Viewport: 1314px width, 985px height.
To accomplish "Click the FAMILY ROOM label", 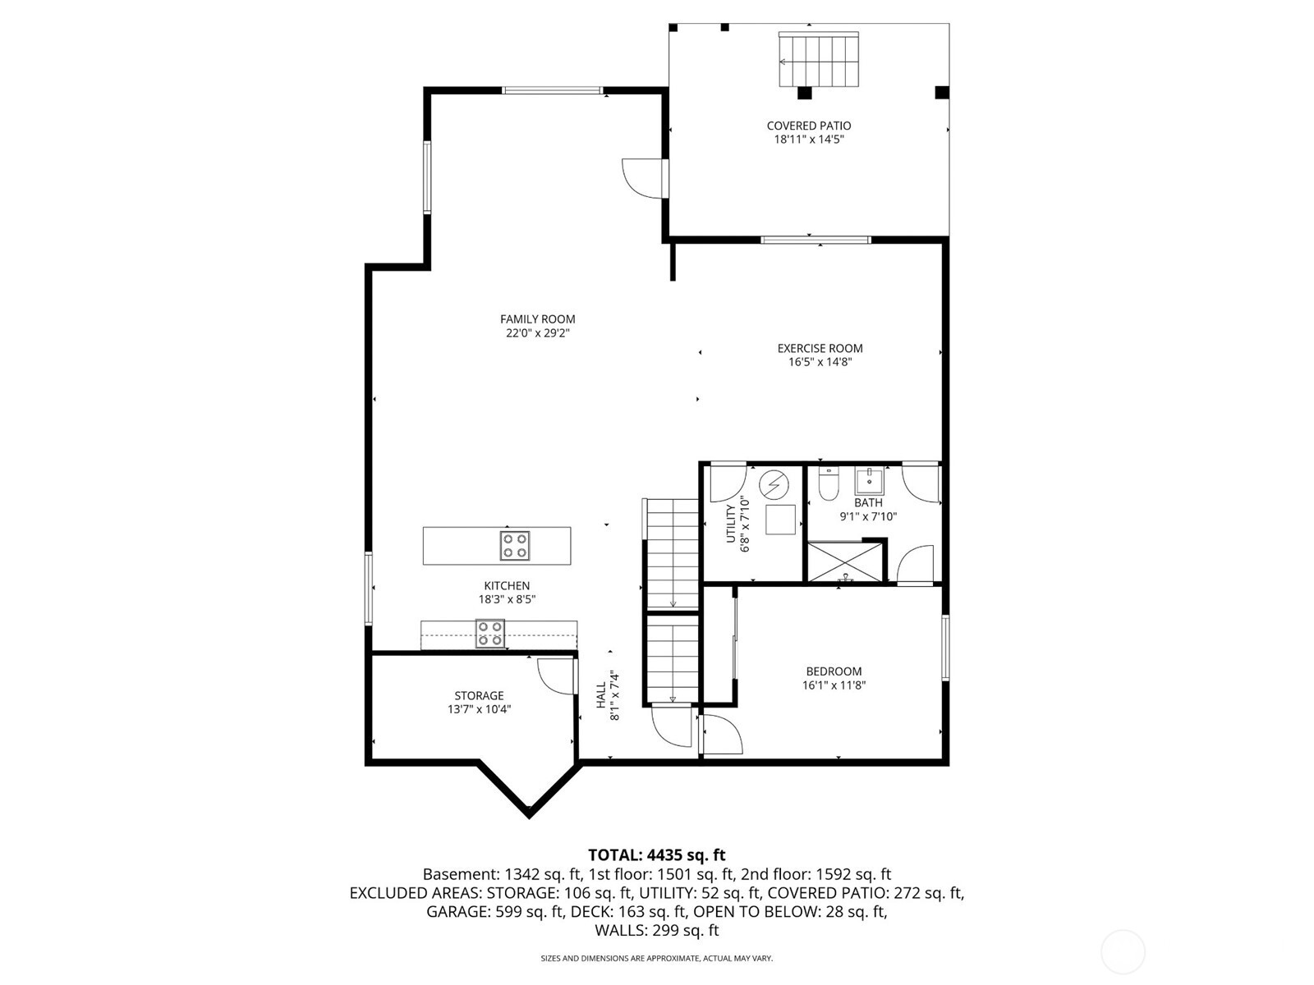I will tap(537, 319).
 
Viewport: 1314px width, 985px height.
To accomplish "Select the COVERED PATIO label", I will tap(808, 126).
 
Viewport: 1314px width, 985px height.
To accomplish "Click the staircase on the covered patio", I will tap(818, 60).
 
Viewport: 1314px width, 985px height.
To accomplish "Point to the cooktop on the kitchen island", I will tap(515, 546).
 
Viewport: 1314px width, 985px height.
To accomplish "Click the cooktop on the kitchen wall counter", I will tap(490, 634).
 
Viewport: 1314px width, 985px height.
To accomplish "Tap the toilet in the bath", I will tap(827, 486).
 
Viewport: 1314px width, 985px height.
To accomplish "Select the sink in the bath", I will tap(869, 481).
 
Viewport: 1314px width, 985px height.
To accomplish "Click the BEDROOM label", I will tap(834, 671).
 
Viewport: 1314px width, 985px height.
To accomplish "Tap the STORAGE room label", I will tap(479, 696).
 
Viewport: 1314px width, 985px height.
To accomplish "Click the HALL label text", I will tap(601, 695).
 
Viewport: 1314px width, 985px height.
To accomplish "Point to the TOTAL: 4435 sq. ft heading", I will tap(656, 855).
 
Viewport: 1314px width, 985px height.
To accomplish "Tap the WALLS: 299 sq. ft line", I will tap(656, 931).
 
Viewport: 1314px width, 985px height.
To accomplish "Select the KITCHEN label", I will tap(507, 585).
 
